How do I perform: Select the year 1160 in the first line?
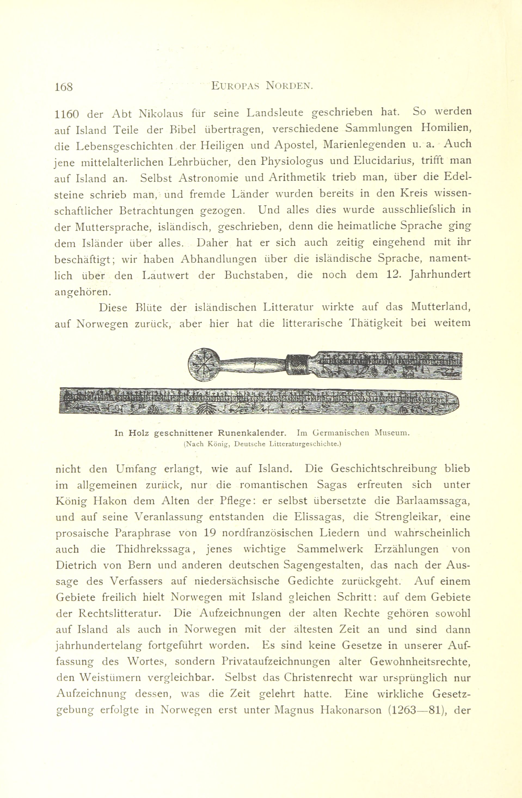[x=66, y=114]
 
